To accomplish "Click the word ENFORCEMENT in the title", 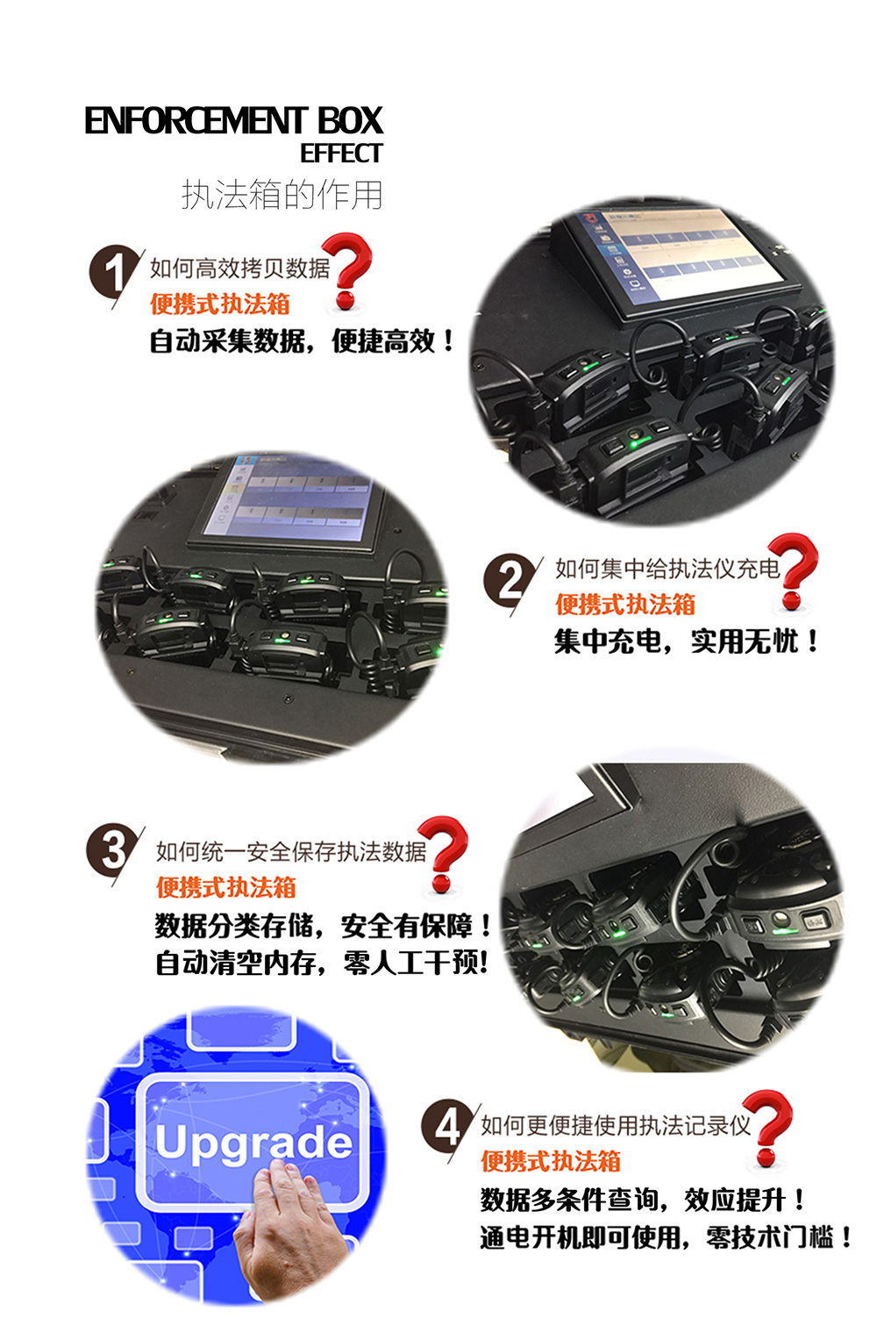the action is [196, 121].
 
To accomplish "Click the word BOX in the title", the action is [350, 121].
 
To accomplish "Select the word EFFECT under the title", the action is [341, 153].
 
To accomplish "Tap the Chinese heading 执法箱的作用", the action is [282, 195].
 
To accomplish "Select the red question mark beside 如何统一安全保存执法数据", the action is [444, 855].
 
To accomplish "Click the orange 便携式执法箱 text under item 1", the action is [220, 305].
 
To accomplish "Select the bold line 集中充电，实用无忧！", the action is [687, 641].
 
